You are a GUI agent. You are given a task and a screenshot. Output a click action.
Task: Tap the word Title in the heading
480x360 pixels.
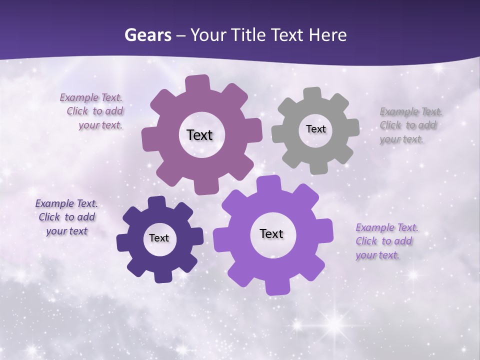[249, 35]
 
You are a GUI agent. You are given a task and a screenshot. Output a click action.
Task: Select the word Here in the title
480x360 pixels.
[328, 35]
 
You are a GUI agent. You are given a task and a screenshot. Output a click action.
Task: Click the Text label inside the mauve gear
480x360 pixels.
[199, 135]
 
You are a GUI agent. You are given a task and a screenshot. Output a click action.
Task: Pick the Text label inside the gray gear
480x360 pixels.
[315, 129]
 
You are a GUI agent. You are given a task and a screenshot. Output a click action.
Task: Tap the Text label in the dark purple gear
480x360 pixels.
[158, 238]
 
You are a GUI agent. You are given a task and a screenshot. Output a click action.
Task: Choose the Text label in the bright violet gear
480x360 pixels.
[271, 233]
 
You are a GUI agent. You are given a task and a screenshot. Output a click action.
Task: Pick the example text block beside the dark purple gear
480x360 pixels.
[66, 217]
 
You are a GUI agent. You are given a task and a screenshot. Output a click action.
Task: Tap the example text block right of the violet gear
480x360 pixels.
[386, 241]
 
